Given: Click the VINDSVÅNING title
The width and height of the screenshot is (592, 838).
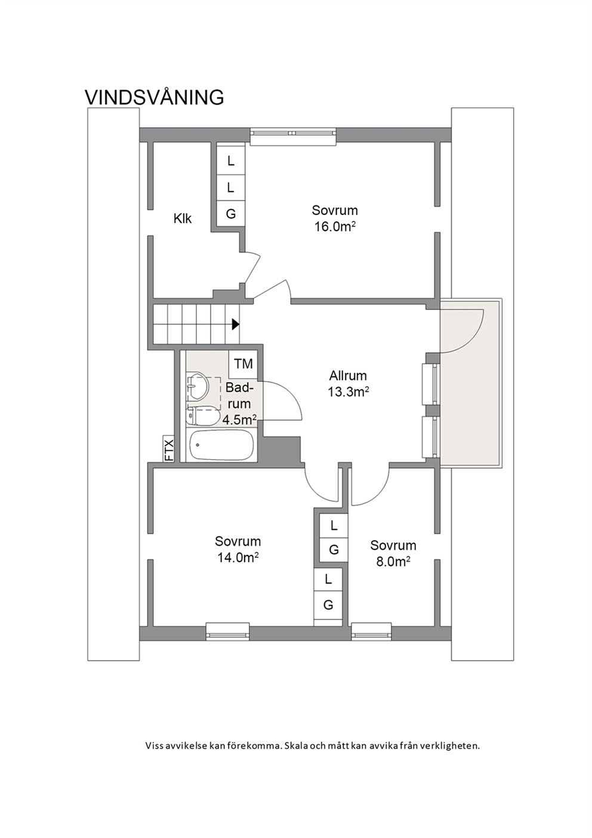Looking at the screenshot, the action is (155, 97).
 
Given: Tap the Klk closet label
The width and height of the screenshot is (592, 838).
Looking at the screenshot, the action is (183, 219).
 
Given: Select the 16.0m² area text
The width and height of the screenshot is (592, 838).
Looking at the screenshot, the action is (335, 227).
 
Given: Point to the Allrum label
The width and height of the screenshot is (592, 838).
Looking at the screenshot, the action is (348, 375).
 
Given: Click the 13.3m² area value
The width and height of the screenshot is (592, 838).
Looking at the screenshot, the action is (349, 392).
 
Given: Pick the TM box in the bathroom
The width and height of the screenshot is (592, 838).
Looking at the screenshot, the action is (243, 364).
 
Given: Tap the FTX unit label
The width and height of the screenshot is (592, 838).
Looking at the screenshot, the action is (168, 449).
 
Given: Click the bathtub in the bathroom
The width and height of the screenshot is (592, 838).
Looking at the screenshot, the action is (221, 446).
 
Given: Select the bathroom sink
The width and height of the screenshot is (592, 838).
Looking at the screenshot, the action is (197, 385).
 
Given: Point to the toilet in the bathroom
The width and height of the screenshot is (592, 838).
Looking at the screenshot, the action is (202, 415).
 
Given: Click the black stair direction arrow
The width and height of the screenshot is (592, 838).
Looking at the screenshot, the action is (236, 324).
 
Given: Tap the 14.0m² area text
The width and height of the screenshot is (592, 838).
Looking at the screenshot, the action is (239, 558).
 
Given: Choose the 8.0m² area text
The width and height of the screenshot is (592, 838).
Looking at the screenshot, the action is (393, 561).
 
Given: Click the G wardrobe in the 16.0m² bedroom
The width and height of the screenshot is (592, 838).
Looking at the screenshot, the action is (231, 214).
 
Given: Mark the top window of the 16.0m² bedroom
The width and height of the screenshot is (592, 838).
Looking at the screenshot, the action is (293, 136).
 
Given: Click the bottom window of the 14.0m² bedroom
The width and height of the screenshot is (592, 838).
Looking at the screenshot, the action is (227, 631).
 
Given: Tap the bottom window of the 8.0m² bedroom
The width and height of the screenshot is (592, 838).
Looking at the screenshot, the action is (372, 631).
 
